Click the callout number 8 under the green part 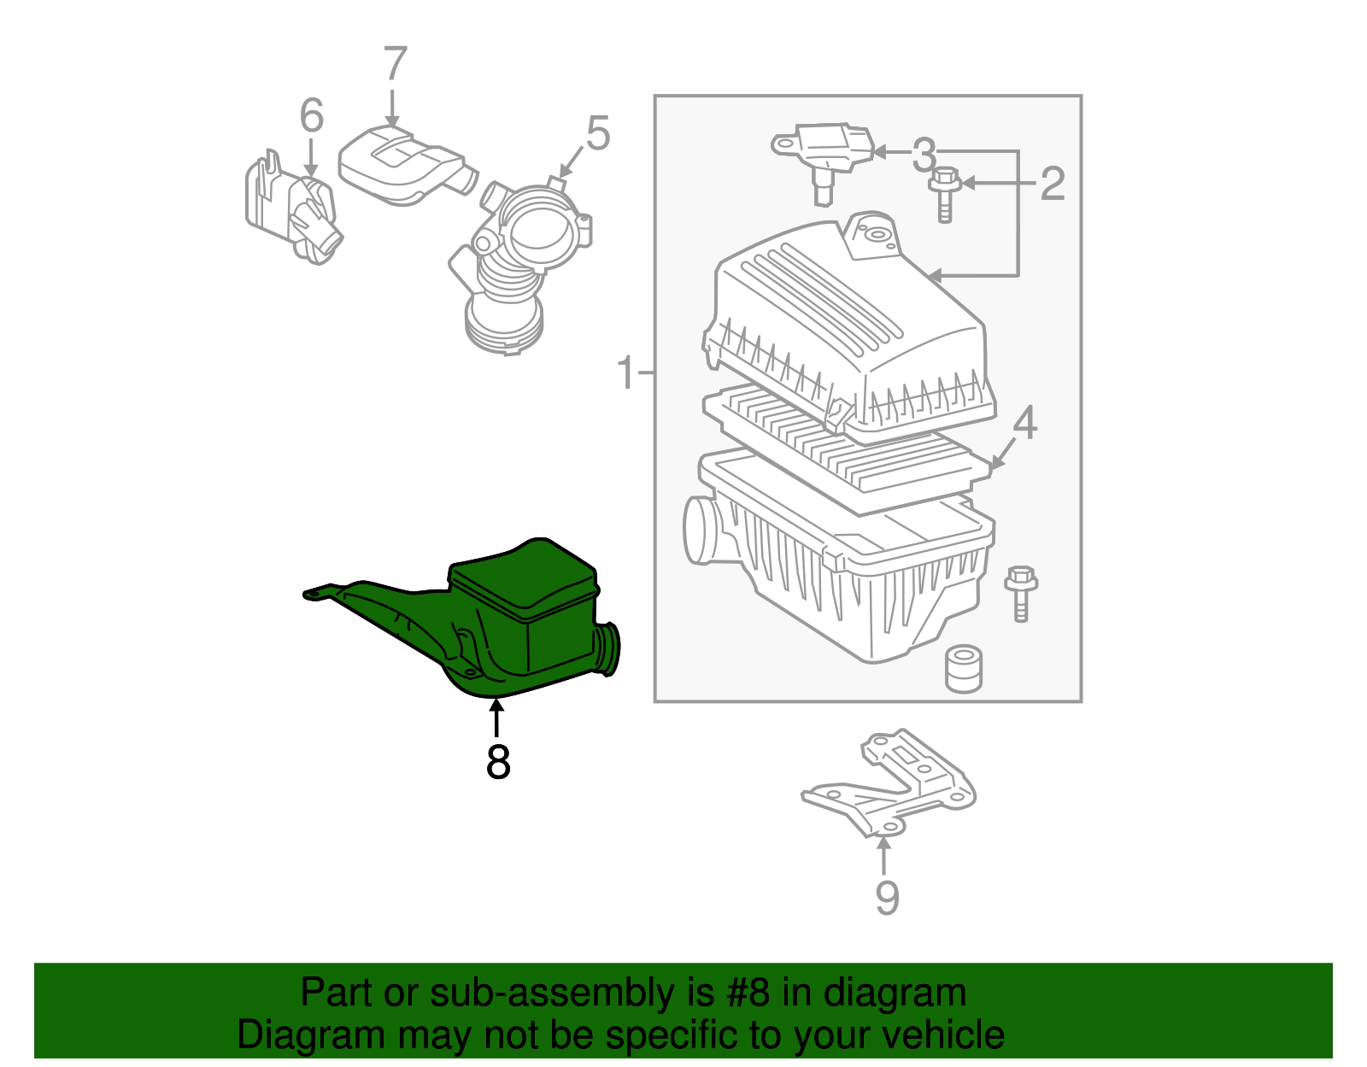point(498,762)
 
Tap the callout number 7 point(395,64)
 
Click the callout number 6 point(312,115)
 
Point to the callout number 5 point(598,134)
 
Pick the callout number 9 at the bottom point(887,897)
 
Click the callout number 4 point(1024,423)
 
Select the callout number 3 point(924,155)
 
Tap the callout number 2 point(1053,183)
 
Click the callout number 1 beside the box point(626,373)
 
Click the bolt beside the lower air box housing point(1021,591)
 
